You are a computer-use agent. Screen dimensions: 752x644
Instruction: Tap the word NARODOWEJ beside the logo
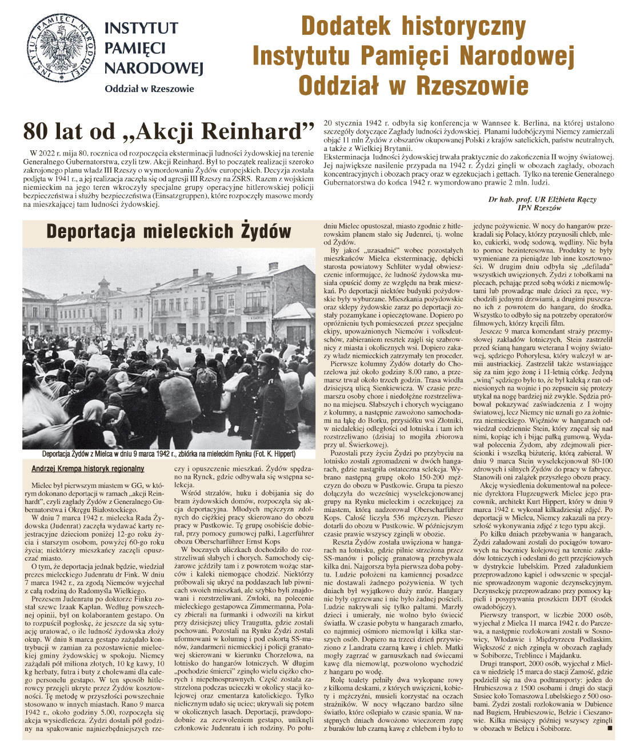[x=154, y=68]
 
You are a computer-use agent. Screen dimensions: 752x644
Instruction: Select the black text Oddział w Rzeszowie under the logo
[x=149, y=89]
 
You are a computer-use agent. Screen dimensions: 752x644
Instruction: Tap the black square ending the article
[x=609, y=729]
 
